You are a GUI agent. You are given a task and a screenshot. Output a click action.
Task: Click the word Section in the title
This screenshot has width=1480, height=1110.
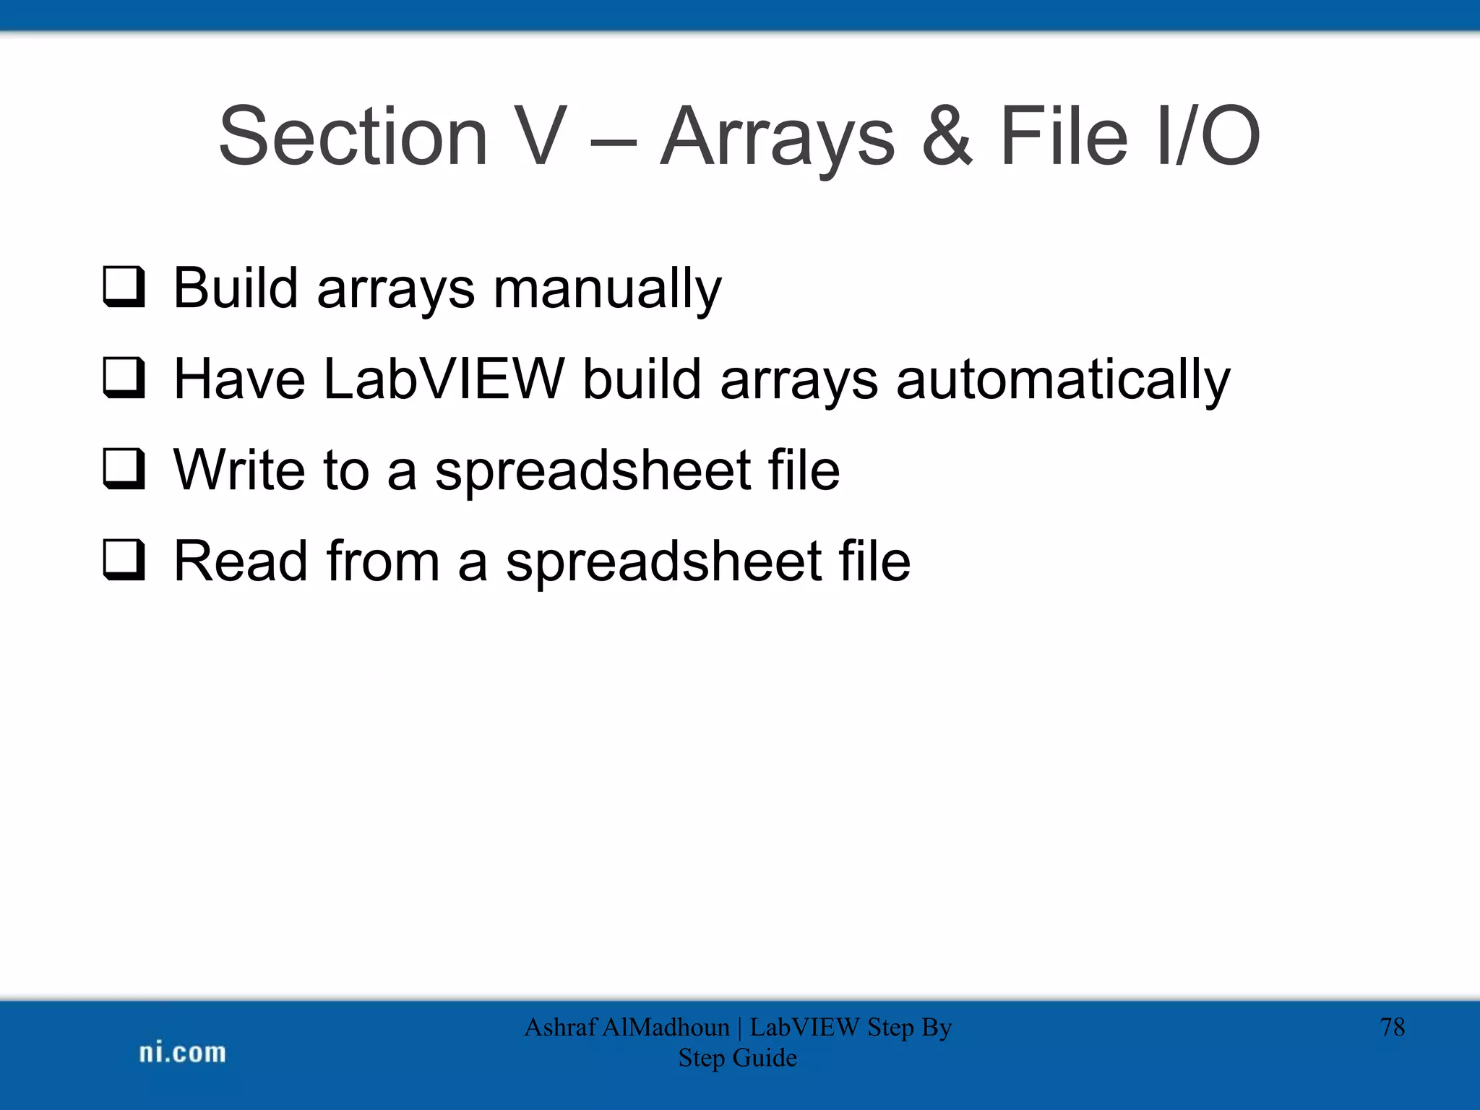tap(353, 136)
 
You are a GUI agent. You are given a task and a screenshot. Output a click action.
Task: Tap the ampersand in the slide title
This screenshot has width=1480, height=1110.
tap(947, 136)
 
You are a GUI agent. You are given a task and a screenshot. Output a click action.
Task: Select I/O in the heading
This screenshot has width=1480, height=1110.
tap(1208, 136)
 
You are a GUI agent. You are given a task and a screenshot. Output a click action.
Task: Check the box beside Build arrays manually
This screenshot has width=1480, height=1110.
tap(124, 288)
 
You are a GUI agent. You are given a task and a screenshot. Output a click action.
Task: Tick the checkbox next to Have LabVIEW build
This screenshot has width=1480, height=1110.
tap(124, 378)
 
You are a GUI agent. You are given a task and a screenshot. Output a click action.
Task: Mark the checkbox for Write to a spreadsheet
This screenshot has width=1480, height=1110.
tap(124, 469)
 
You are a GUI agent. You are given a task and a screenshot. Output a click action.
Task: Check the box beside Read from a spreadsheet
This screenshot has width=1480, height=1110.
tap(124, 560)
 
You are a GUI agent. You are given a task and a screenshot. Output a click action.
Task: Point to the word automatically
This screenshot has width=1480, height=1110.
tap(1062, 379)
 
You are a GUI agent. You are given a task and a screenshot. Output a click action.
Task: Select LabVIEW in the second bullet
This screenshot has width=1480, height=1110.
tap(443, 379)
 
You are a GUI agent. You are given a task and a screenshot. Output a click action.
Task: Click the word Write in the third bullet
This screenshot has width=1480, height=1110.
tap(239, 470)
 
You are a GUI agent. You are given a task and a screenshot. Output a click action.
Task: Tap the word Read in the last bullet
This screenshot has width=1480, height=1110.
tap(239, 561)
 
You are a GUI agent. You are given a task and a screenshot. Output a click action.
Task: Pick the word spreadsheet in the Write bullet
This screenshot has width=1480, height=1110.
tap(593, 471)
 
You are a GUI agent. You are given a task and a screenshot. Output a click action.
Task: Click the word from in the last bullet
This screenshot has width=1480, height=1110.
tap(383, 561)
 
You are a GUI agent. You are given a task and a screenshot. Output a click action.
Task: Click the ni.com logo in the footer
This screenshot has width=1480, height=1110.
tap(182, 1053)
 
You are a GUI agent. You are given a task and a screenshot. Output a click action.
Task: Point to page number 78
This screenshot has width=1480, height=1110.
tap(1392, 1027)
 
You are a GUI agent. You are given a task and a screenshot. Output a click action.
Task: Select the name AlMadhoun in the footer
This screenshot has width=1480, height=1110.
tap(666, 1027)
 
